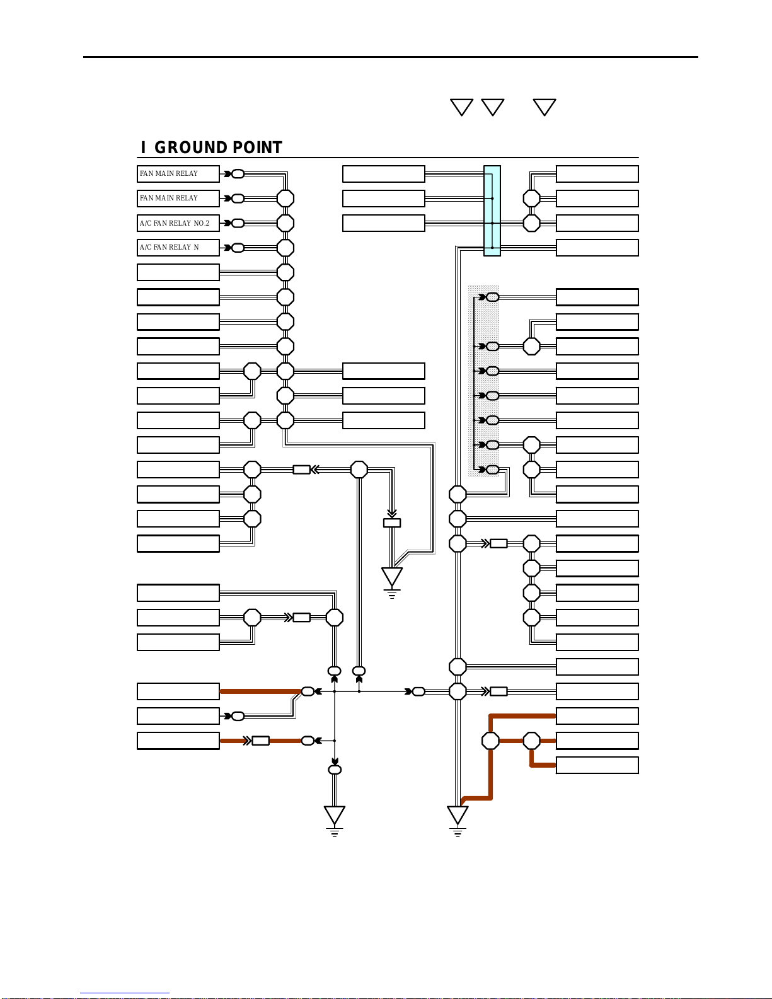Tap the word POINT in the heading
click(257, 147)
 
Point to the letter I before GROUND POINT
click(144, 147)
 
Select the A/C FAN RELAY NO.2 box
click(178, 223)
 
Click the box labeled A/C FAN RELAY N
click(178, 248)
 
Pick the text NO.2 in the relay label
click(201, 223)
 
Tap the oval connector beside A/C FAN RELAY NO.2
click(238, 223)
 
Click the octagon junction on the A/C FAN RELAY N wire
click(285, 248)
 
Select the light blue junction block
click(492, 211)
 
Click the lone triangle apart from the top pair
click(544, 107)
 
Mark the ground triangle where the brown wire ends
click(458, 815)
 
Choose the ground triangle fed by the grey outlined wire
click(392, 577)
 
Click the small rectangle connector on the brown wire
click(260, 741)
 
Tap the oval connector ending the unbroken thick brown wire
click(308, 691)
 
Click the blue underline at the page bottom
click(125, 993)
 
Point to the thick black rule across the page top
click(391, 57)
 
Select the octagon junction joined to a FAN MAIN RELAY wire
click(285, 199)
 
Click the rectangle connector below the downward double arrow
click(392, 523)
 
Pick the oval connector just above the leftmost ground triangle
click(335, 770)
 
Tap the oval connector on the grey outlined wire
click(238, 716)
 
